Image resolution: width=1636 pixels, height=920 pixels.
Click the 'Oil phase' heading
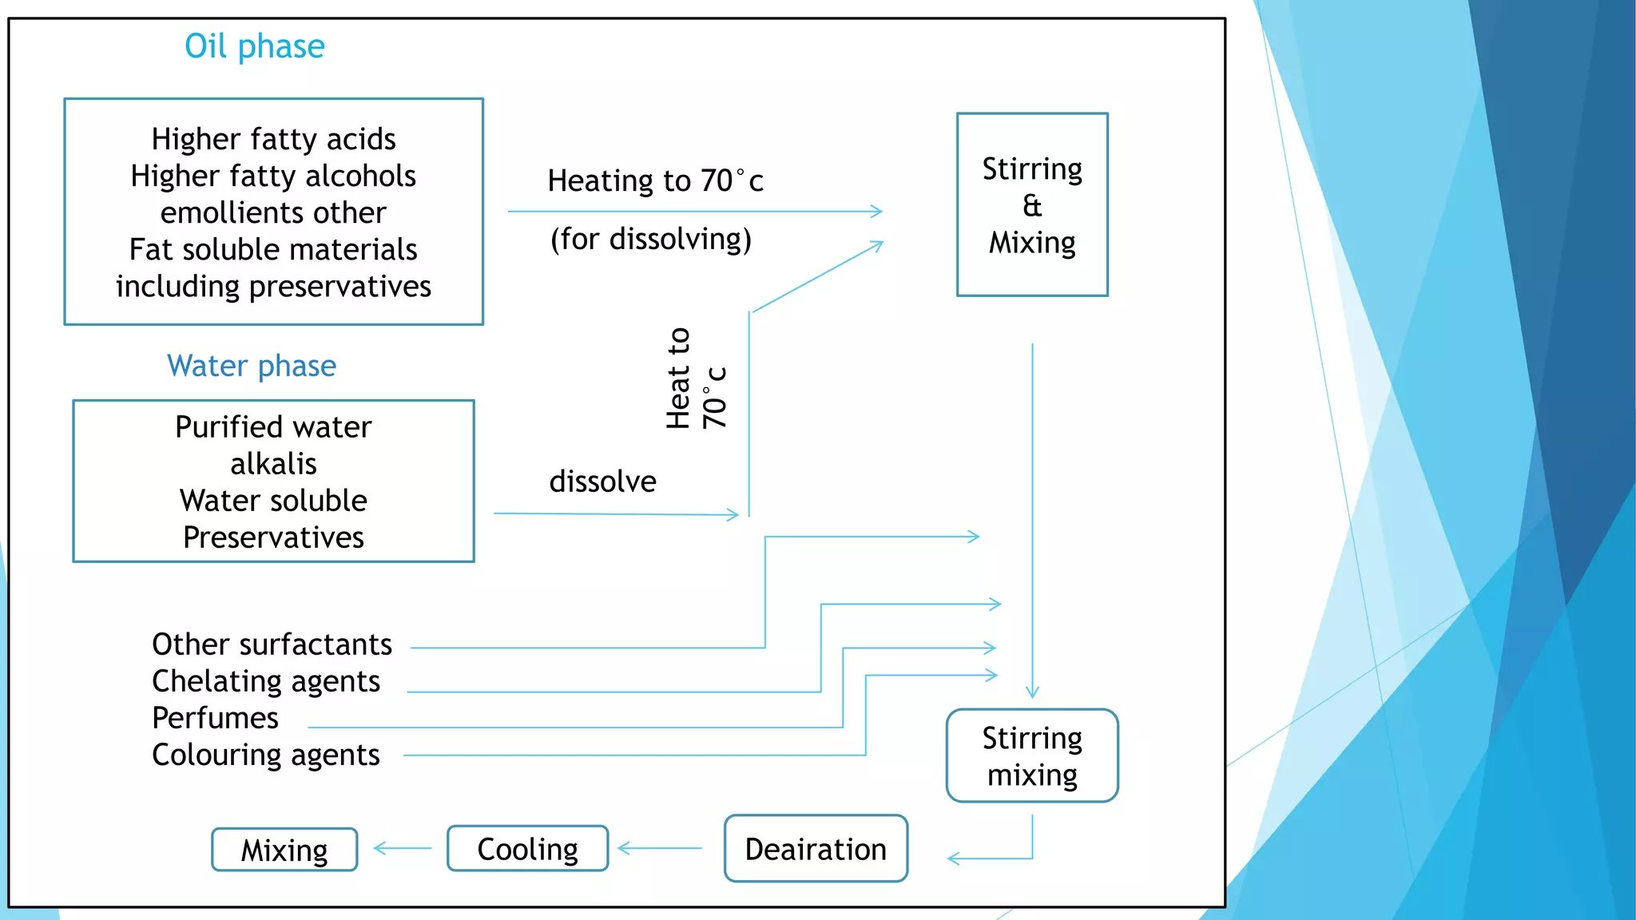pos(254,46)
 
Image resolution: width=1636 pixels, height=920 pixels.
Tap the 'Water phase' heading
pos(252,366)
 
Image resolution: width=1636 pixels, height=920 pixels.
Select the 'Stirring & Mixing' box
pos(1032,205)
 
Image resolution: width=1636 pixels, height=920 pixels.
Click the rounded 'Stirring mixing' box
pos(1032,755)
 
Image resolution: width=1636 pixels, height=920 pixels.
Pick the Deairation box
pos(816,849)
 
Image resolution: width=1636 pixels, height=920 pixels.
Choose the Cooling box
pos(527,849)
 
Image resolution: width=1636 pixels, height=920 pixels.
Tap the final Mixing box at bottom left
pos(284,850)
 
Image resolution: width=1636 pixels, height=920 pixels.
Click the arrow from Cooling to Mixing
pos(403,848)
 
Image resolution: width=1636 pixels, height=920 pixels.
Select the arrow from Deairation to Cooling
pos(660,848)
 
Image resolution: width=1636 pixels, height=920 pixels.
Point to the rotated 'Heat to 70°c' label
pos(696,379)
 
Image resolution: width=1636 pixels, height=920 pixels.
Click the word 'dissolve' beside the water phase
pos(602,482)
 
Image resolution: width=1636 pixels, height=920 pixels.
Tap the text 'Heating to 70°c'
pos(655,180)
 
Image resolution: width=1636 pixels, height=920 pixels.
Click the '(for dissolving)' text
pos(650,239)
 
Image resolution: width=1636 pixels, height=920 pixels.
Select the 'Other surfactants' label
pos(272,644)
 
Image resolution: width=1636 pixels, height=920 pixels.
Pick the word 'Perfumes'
pos(215,718)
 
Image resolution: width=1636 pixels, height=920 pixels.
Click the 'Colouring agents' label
pos(265,755)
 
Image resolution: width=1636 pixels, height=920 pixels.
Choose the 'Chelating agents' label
pos(265,681)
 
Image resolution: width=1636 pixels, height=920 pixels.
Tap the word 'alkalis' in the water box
pos(273,464)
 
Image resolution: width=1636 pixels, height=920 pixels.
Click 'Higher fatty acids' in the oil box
pos(273,139)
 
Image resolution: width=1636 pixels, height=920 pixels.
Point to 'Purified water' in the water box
pos(273,427)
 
